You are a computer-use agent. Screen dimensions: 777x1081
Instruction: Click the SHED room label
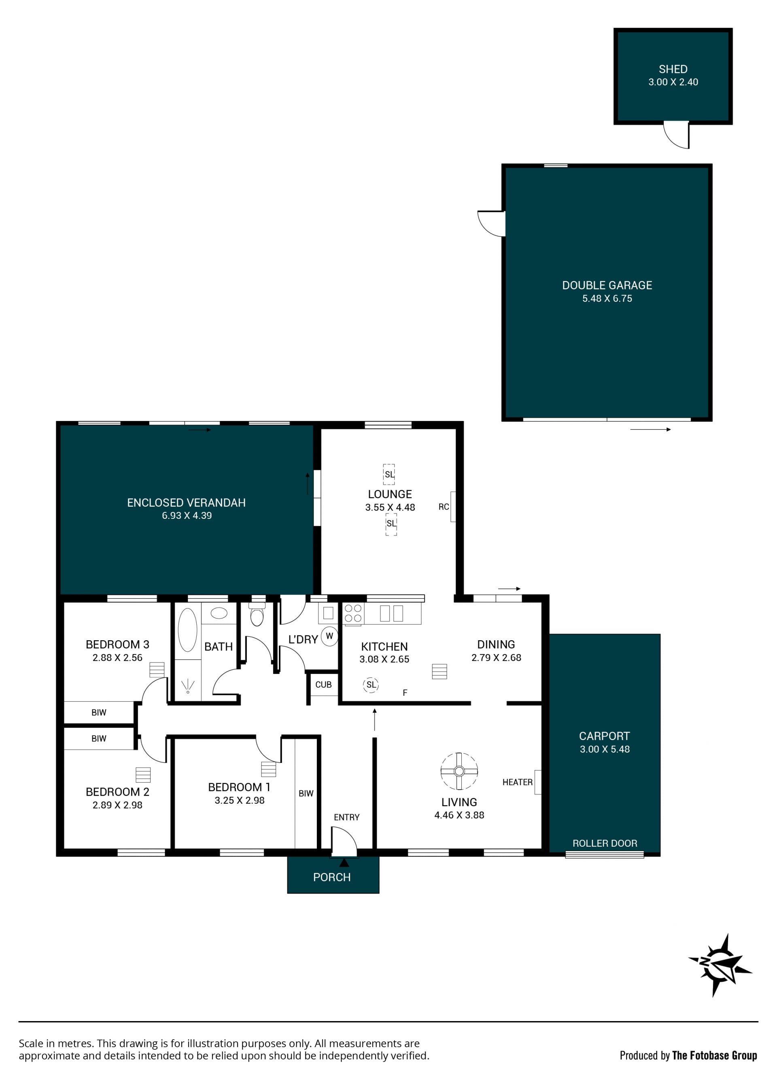click(x=673, y=69)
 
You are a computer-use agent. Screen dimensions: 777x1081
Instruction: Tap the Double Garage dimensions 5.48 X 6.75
click(x=607, y=298)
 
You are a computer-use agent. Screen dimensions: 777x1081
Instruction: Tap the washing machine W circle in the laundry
click(x=329, y=636)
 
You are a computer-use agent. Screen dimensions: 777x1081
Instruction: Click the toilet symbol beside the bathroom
click(x=257, y=614)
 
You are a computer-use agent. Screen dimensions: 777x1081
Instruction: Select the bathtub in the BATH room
click(x=187, y=630)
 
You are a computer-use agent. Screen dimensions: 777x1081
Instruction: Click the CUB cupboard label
click(x=323, y=684)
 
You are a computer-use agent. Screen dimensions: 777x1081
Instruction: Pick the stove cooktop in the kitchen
click(x=353, y=614)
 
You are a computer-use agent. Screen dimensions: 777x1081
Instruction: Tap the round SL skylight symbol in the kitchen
click(x=371, y=685)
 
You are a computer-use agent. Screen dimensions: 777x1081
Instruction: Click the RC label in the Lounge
click(x=443, y=507)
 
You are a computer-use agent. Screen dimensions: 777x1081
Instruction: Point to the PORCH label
click(x=332, y=877)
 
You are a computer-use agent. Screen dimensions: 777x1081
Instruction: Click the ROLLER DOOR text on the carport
click(x=605, y=843)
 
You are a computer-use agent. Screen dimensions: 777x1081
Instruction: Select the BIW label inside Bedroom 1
click(x=306, y=793)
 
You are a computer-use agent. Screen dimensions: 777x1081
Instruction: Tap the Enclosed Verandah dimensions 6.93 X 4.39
click(x=187, y=515)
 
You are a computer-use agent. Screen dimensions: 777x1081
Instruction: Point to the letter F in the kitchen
click(x=405, y=692)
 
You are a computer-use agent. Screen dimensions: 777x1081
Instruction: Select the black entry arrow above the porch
click(x=344, y=862)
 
